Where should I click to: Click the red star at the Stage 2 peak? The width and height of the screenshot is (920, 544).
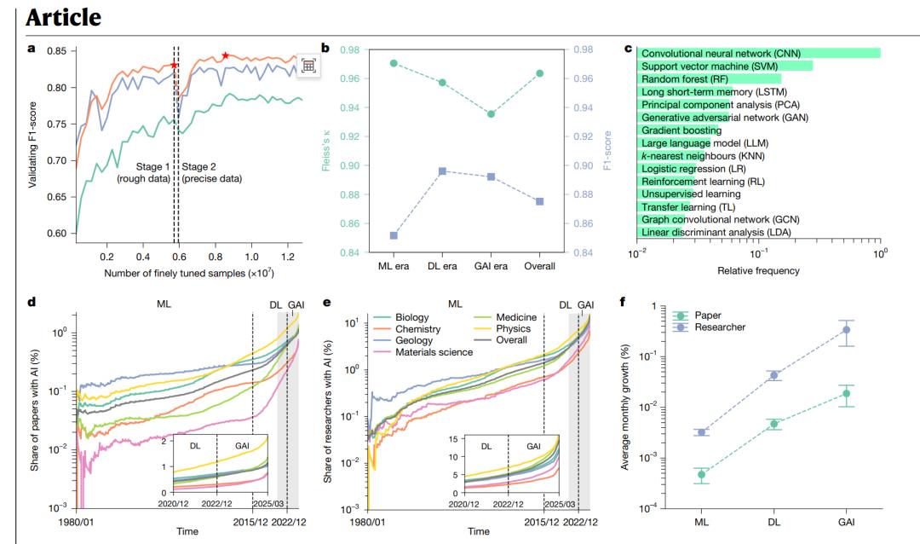click(226, 55)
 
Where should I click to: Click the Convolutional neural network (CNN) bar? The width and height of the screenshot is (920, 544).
click(758, 53)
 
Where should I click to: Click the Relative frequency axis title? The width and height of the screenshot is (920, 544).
click(758, 271)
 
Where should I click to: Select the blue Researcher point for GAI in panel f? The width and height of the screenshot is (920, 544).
click(846, 329)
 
